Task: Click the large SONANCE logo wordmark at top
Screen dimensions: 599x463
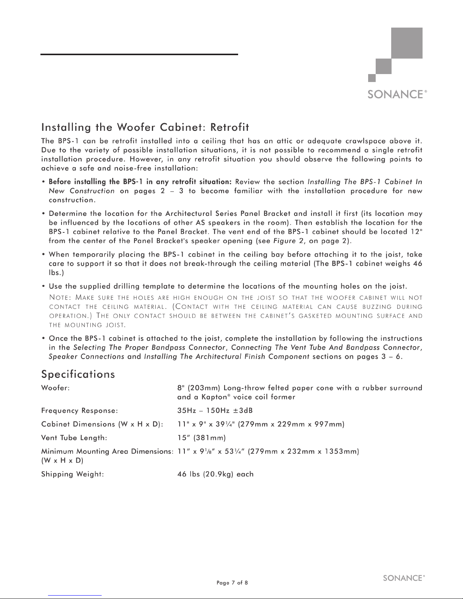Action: pos(395,94)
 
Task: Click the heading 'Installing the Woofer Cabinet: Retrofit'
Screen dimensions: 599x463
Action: pos(145,125)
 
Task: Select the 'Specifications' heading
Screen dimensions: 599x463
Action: pos(78,374)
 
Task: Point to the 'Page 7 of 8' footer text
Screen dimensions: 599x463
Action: pos(232,582)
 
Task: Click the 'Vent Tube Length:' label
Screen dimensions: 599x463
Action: pos(74,438)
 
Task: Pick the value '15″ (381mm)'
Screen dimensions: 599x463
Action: pos(201,438)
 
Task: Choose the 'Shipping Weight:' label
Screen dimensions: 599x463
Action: pos(73,474)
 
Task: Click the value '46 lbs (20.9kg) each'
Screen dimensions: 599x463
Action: pos(215,474)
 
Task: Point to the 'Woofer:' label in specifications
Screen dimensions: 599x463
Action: pos(55,388)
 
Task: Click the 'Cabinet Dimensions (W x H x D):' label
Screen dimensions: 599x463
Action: pos(102,424)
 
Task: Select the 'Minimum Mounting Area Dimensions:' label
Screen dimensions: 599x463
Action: pos(107,451)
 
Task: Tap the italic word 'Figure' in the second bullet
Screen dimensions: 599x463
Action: pos(284,241)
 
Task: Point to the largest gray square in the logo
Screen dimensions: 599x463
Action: pos(407,43)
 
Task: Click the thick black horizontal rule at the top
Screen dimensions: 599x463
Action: pos(139,54)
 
